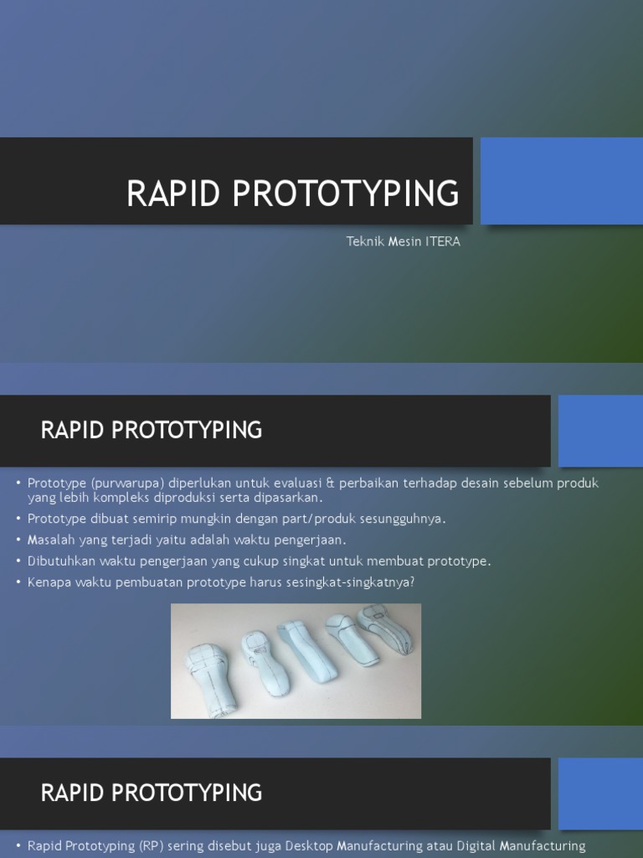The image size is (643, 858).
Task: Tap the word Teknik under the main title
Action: (365, 242)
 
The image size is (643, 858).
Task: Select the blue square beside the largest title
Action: (561, 181)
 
